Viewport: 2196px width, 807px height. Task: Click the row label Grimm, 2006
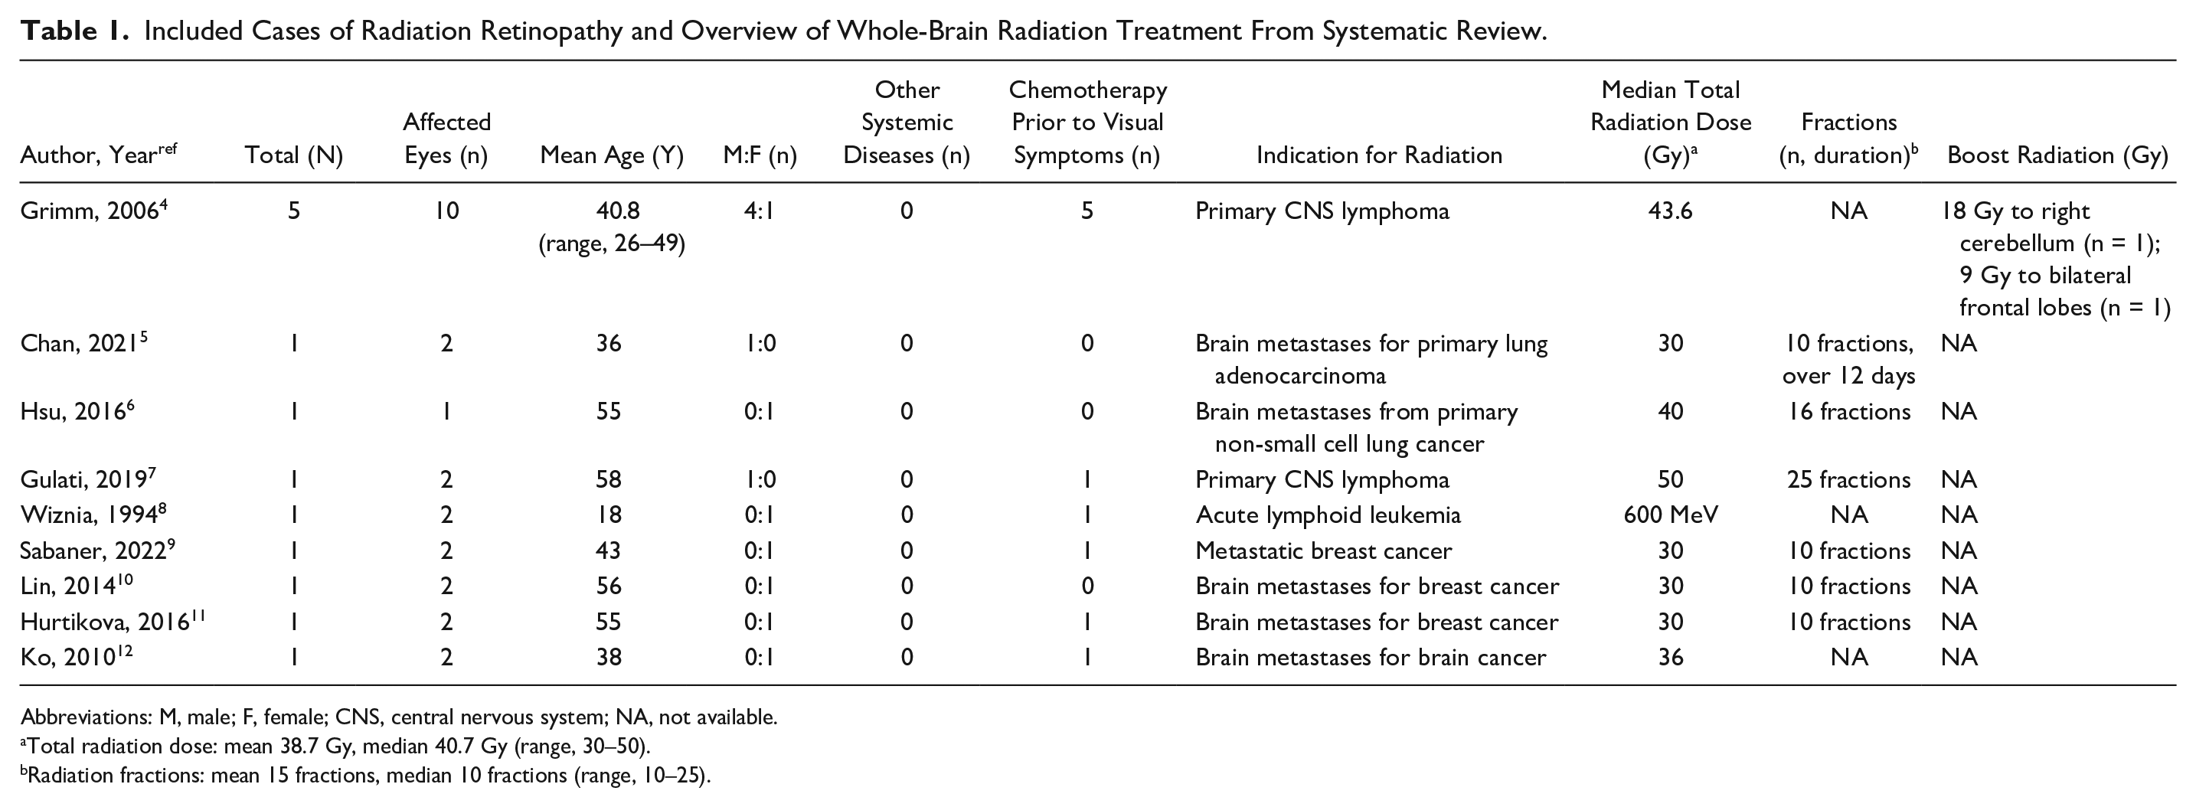[x=93, y=211]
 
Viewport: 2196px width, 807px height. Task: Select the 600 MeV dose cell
[x=1671, y=515]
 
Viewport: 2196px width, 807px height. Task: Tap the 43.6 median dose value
[x=1671, y=211]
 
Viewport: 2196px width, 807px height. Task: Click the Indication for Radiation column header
[x=1378, y=155]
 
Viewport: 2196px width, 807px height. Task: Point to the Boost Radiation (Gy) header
[x=2057, y=155]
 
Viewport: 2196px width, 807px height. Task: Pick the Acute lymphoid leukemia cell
[x=1327, y=515]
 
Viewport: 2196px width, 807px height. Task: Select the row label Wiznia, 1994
[x=93, y=515]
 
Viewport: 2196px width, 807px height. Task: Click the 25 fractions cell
[x=1848, y=479]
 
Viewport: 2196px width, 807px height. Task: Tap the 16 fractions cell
[x=1848, y=412]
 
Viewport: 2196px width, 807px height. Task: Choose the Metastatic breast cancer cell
[x=1323, y=551]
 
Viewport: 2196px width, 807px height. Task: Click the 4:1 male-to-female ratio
[x=759, y=211]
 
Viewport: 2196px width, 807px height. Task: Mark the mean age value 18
[x=609, y=515]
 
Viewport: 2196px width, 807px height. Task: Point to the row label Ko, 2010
[x=77, y=657]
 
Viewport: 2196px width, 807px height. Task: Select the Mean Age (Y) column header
[x=611, y=155]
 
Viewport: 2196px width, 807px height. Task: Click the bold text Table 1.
[x=74, y=31]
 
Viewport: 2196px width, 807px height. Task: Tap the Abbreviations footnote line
[x=398, y=717]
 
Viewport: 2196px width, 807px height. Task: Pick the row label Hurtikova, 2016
[x=113, y=621]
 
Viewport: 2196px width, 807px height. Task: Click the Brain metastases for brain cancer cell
[x=1370, y=657]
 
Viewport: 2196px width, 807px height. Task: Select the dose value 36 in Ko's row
[x=1671, y=657]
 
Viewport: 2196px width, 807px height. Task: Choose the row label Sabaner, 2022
[x=98, y=551]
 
